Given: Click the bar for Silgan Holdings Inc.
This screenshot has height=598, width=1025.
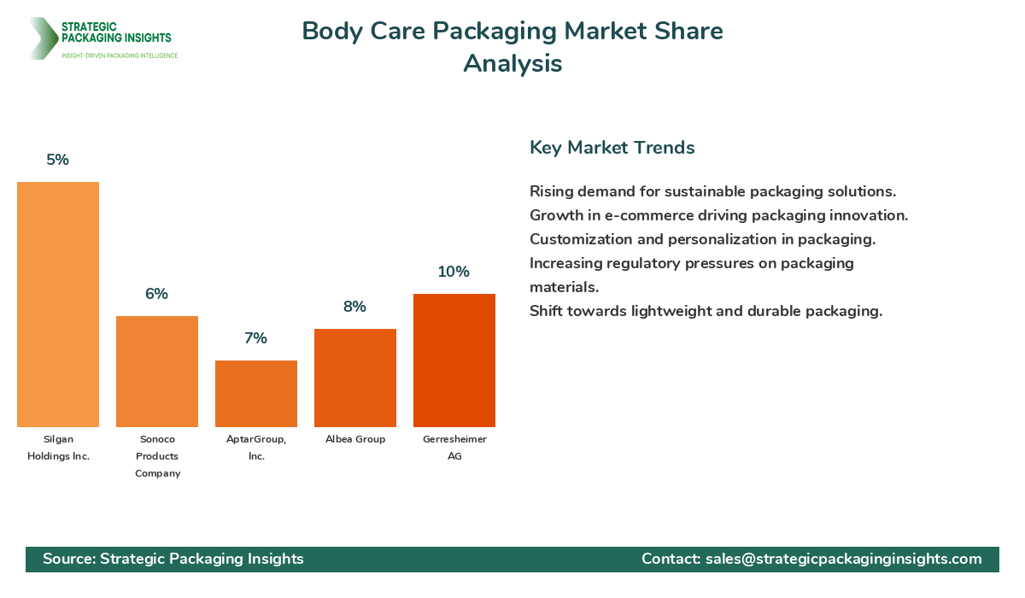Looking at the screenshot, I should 58,304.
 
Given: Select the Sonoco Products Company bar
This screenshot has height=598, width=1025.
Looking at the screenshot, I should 157,372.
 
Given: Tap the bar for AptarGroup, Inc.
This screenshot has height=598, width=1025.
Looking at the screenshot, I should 256,394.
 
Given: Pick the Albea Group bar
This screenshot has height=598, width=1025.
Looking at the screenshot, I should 355,378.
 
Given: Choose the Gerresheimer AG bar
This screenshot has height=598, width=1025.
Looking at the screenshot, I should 454,361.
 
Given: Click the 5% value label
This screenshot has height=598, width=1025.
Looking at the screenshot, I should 58,160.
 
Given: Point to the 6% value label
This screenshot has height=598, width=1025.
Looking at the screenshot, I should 157,294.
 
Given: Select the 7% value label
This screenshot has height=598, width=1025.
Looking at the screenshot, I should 256,338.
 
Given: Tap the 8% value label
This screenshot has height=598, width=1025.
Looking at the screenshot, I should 355,307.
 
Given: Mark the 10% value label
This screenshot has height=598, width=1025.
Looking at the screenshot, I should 454,272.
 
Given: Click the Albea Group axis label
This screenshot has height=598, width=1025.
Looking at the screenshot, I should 355,439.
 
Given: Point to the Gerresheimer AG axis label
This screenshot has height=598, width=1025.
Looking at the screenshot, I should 454,448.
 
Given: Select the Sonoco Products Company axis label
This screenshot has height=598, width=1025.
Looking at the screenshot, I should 157,456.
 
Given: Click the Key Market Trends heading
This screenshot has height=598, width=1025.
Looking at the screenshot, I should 612,147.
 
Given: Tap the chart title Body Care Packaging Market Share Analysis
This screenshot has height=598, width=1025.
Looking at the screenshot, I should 512,47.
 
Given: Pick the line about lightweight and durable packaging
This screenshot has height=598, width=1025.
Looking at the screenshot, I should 706,311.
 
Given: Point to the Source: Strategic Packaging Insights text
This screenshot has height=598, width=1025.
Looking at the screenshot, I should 173,559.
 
